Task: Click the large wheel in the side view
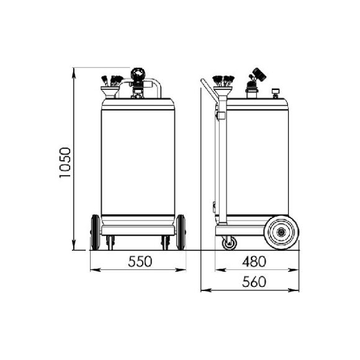pos(281,233)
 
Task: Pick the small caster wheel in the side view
pos(229,243)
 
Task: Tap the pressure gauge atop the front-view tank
pos(138,74)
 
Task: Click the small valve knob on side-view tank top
pos(274,94)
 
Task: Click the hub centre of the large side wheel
pos(281,233)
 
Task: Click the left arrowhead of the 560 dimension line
pos(205,290)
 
